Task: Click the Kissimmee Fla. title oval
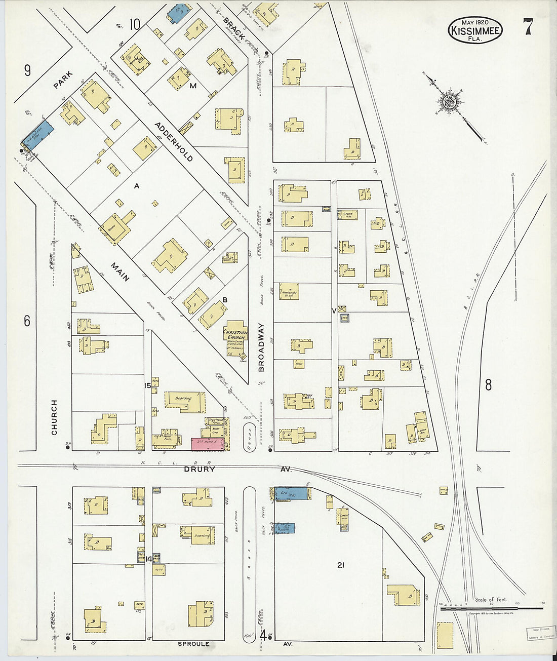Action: pyautogui.click(x=475, y=30)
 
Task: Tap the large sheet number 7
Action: pyautogui.click(x=528, y=26)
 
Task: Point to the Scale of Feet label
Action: pyautogui.click(x=491, y=600)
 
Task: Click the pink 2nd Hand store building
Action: pyautogui.click(x=208, y=444)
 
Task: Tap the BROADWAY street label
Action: pyautogui.click(x=261, y=347)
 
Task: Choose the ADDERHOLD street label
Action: pyautogui.click(x=174, y=141)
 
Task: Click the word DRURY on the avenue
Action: pyautogui.click(x=201, y=470)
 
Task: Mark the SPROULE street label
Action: pyautogui.click(x=193, y=644)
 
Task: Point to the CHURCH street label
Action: pyautogui.click(x=54, y=417)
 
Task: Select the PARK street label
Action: pyautogui.click(x=64, y=80)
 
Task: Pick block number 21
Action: pyautogui.click(x=340, y=564)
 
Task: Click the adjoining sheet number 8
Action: pyautogui.click(x=488, y=385)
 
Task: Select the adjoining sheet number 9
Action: pyautogui.click(x=27, y=70)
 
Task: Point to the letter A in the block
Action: pyautogui.click(x=136, y=186)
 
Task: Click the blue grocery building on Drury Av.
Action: pyautogui.click(x=292, y=493)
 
